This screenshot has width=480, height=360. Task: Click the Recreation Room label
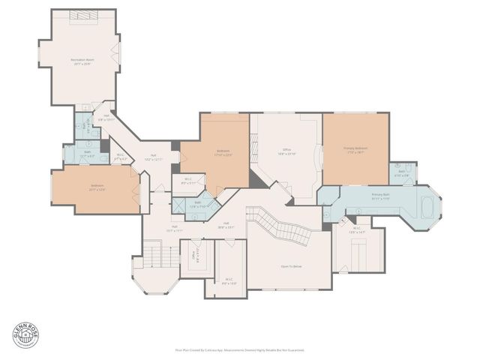[x=82, y=61]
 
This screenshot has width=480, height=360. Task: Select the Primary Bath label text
[x=380, y=196]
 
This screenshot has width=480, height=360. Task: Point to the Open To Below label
[x=291, y=266]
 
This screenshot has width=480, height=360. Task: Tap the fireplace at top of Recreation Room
[x=82, y=16]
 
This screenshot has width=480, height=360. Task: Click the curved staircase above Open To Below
[x=289, y=226]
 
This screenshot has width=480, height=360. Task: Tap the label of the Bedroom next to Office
[x=223, y=153]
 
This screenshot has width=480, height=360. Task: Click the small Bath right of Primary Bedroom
[x=403, y=172]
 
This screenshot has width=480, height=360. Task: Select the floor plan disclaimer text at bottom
[x=239, y=349]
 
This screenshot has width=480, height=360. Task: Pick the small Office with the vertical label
[x=195, y=259]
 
